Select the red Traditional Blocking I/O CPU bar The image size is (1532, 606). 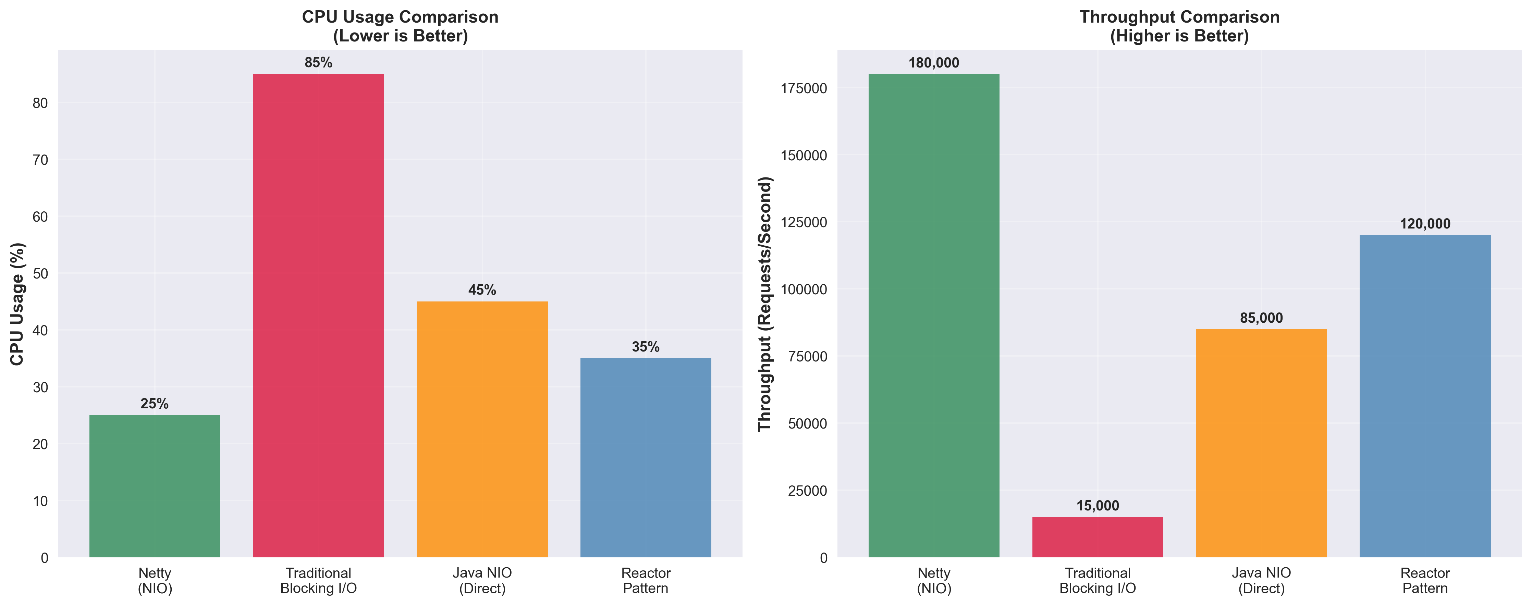(x=318, y=315)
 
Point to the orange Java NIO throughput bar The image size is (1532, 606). (x=1261, y=443)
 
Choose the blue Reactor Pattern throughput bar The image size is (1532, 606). (x=1425, y=396)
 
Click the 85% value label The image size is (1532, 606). (x=318, y=62)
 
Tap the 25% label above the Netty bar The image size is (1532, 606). (x=155, y=404)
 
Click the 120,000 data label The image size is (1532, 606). (x=1425, y=224)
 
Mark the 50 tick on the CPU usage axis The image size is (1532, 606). (x=40, y=274)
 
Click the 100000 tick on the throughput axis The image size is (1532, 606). (x=804, y=289)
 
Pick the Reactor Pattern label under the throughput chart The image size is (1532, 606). (x=1425, y=580)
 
